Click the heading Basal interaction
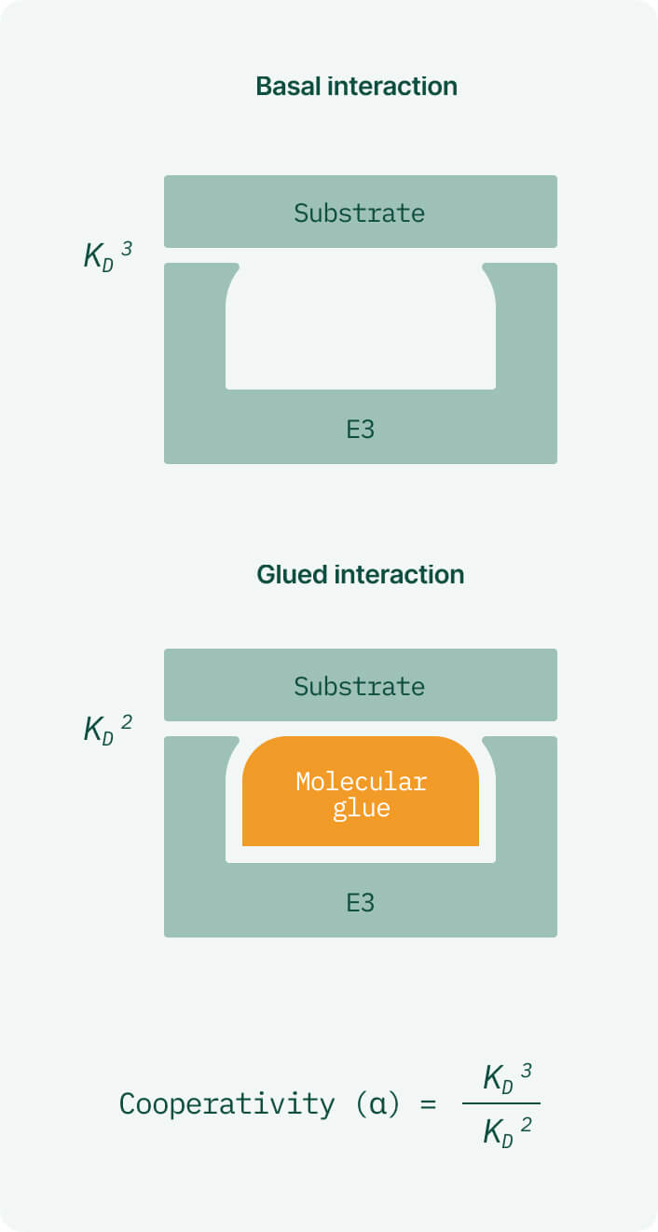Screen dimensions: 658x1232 pyautogui.click(x=357, y=87)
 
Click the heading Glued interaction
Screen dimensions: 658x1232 pyautogui.click(x=360, y=574)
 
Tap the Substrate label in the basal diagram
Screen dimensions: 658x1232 pyautogui.click(x=360, y=212)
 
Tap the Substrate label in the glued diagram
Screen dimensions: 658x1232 pyautogui.click(x=360, y=686)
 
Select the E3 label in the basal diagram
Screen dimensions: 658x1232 pyautogui.click(x=360, y=429)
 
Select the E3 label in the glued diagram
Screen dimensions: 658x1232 pyautogui.click(x=360, y=902)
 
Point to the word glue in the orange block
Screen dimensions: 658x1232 pyautogui.click(x=361, y=807)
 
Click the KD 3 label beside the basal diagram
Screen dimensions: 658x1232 pyautogui.click(x=108, y=254)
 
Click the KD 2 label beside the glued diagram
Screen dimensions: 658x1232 pyautogui.click(x=108, y=728)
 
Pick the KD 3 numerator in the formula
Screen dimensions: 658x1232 pyautogui.click(x=507, y=1078)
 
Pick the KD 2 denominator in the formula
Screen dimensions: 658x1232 pyautogui.click(x=507, y=1130)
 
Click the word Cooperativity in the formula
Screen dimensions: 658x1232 pyautogui.click(x=226, y=1104)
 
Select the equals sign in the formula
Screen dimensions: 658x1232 pyautogui.click(x=428, y=1105)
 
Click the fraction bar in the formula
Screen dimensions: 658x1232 pyautogui.click(x=501, y=1104)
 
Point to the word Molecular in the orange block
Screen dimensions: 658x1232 pyautogui.click(x=361, y=781)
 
